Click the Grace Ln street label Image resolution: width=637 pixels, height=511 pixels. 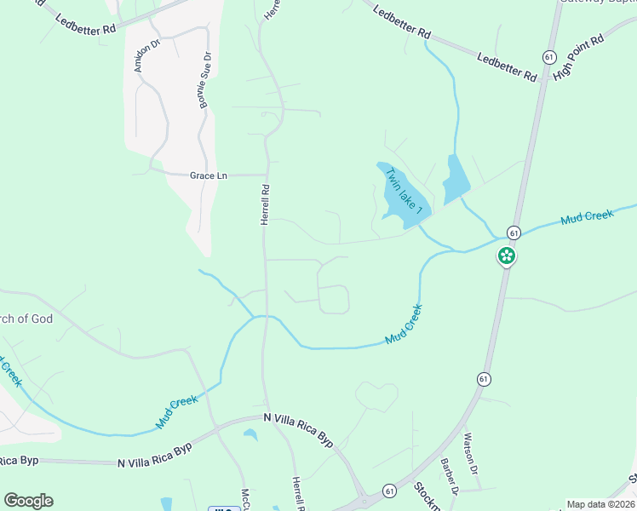coord(209,175)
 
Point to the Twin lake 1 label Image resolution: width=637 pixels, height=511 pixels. coord(404,191)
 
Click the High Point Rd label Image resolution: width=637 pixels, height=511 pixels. coord(578,58)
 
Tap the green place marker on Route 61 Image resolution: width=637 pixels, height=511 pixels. coord(507,255)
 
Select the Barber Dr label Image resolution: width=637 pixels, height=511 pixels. coord(449,477)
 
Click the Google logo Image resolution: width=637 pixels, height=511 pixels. coord(28,500)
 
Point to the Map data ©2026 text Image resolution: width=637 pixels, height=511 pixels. coord(600,504)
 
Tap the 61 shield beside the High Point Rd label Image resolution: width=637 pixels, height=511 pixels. coord(548,55)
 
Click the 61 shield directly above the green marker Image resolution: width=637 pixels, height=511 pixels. coord(514,232)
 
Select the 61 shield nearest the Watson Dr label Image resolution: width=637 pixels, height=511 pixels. coord(483,378)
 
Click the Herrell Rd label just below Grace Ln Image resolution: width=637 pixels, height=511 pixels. coord(265,205)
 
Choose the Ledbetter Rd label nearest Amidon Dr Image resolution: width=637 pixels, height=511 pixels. coord(84,24)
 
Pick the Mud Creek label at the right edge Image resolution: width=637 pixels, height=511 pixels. coord(587,217)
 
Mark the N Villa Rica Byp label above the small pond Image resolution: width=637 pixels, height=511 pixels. coord(299,428)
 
